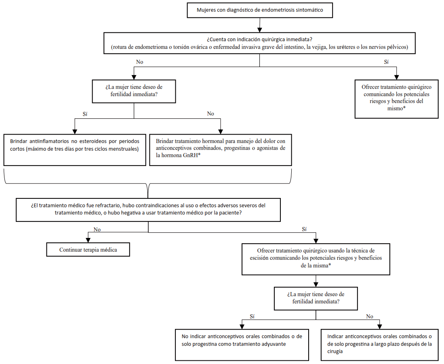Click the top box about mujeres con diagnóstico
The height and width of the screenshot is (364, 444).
260,10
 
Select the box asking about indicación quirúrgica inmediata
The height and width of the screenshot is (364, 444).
259,43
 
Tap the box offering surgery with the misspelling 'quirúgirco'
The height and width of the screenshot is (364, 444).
396,99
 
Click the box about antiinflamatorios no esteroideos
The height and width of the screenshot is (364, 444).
75,150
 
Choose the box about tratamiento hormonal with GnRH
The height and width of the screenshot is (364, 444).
220,150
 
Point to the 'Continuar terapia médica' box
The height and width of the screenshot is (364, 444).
88,250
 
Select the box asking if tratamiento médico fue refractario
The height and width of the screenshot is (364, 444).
148,209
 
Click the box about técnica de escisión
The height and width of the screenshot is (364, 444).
316,259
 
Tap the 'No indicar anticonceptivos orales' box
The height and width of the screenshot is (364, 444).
242,345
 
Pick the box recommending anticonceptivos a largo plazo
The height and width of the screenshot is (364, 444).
379,345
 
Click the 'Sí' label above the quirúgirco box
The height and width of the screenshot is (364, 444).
386,62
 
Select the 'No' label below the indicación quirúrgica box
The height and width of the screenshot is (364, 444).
140,62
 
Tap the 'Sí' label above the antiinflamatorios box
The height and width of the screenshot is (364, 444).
85,114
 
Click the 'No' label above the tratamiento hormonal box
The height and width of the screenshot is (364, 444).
210,114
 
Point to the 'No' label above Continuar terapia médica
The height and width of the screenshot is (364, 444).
97,229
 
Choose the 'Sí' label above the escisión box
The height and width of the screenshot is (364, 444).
304,229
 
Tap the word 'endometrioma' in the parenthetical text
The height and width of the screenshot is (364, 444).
151,47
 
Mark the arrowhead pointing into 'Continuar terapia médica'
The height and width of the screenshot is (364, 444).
88,240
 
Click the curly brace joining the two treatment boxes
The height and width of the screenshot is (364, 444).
148,184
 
